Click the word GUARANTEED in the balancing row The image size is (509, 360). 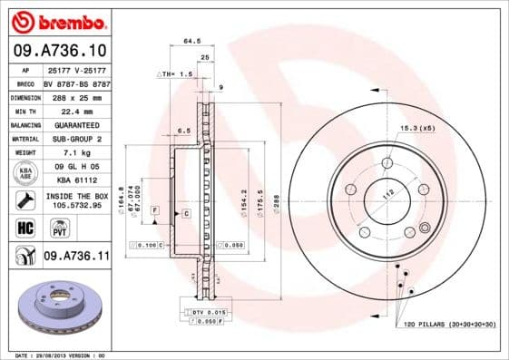point(71,124)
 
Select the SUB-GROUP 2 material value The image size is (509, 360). point(71,138)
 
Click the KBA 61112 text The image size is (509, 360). point(71,180)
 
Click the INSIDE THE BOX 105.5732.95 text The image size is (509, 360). point(76,200)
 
